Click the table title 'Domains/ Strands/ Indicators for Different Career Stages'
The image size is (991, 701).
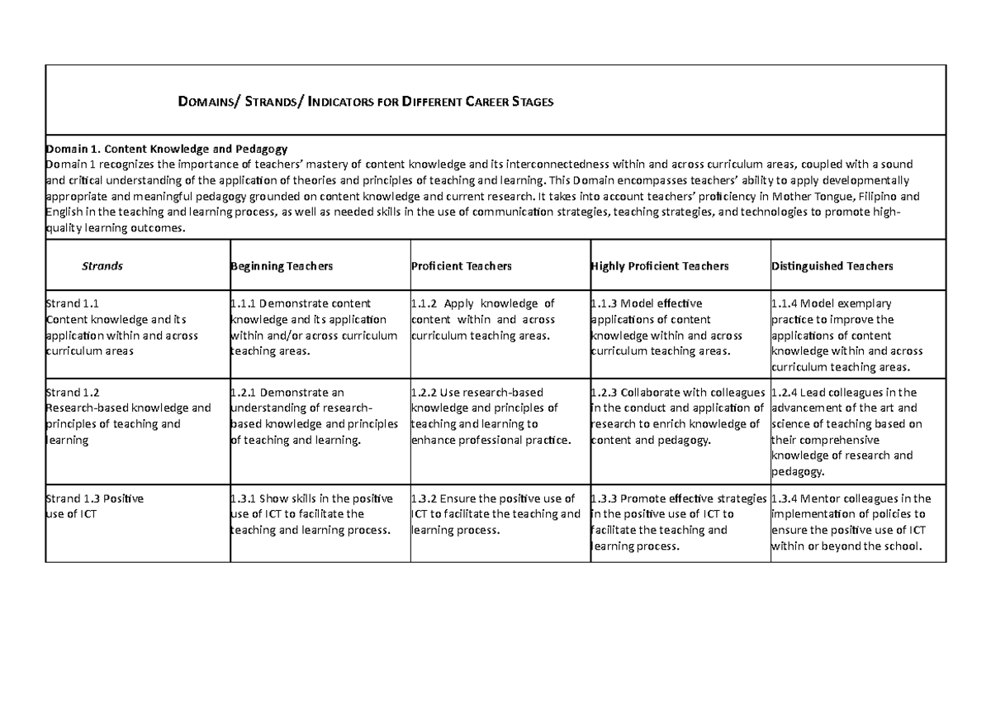coord(365,102)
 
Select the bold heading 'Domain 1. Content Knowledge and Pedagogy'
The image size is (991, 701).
coord(166,149)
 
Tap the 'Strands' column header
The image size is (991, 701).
coord(102,266)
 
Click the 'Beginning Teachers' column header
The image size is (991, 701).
coord(282,266)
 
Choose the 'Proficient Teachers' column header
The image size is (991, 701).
coord(461,266)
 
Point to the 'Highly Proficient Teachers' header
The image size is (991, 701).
coord(660,266)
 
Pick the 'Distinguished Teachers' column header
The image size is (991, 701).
coord(832,266)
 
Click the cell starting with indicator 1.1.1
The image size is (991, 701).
coord(314,327)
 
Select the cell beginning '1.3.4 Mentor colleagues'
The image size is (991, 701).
coord(851,522)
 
